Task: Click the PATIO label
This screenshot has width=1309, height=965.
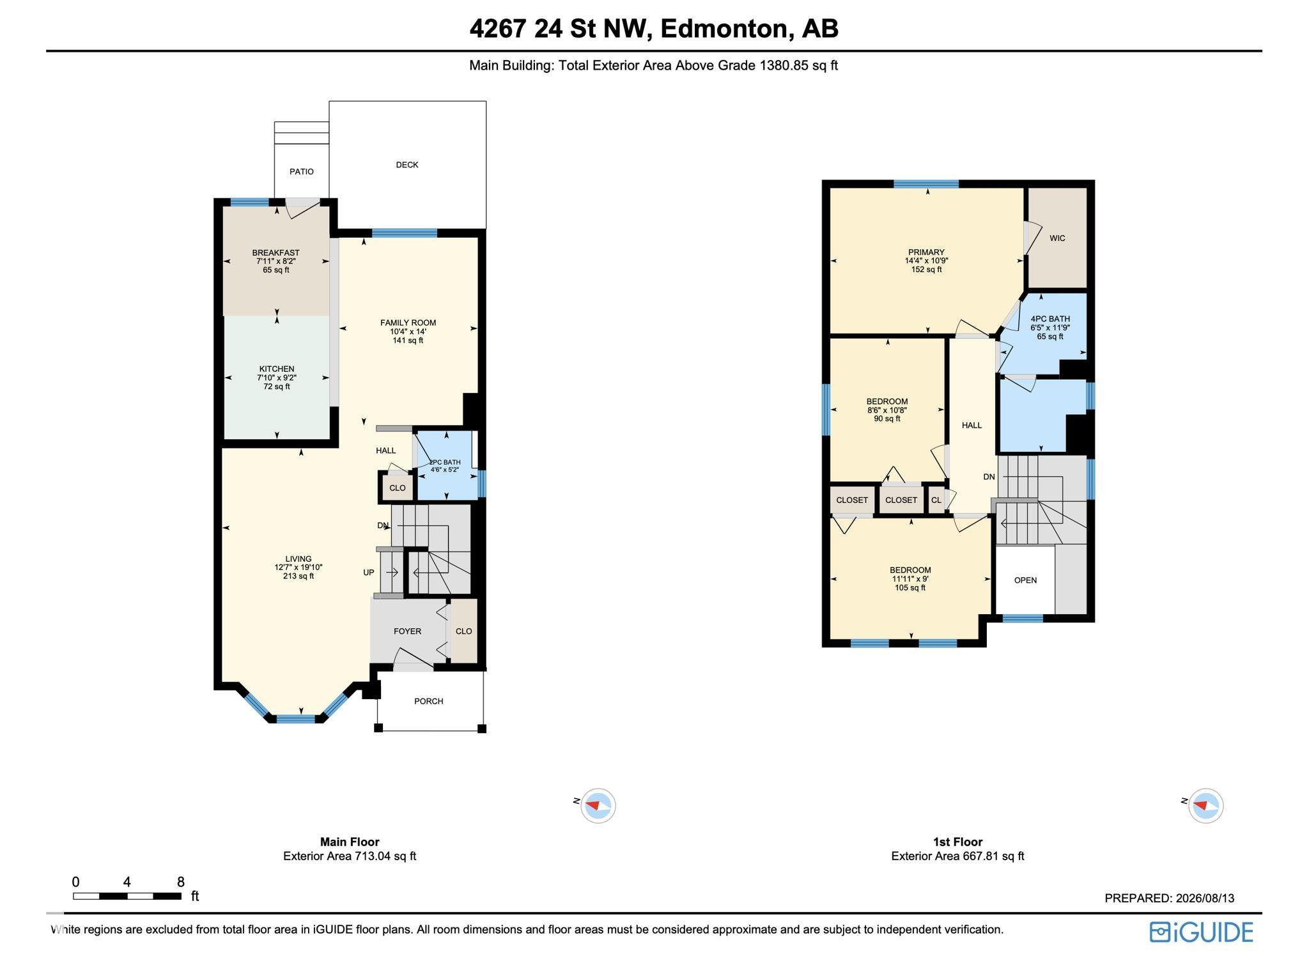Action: pos(302,172)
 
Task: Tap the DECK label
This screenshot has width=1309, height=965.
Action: pos(407,165)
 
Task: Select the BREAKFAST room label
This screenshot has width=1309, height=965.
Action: pos(276,253)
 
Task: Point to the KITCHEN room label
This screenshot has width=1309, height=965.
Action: pos(277,369)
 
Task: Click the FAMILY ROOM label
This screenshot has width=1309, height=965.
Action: pos(408,323)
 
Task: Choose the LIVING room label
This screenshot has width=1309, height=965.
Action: pos(298,559)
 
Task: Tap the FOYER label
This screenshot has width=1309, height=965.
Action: pos(408,631)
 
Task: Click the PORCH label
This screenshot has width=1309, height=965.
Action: pos(429,701)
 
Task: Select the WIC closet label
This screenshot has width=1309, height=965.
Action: pos(1058,238)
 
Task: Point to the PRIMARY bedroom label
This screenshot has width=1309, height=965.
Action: pos(927,252)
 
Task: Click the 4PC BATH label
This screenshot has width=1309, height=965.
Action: pos(1050,319)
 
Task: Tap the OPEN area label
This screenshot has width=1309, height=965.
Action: pos(1026,580)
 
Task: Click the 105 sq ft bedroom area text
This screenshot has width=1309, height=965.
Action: pos(910,588)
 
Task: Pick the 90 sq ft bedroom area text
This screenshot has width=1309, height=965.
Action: pos(887,419)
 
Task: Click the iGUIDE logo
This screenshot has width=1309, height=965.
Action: pos(1202,932)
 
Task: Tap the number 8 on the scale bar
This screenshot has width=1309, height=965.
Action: pos(181,883)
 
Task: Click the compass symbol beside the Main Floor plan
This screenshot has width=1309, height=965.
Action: pos(598,805)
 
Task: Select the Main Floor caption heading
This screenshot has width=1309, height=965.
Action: pos(350,842)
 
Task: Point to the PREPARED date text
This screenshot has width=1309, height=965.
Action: pos(1170,899)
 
